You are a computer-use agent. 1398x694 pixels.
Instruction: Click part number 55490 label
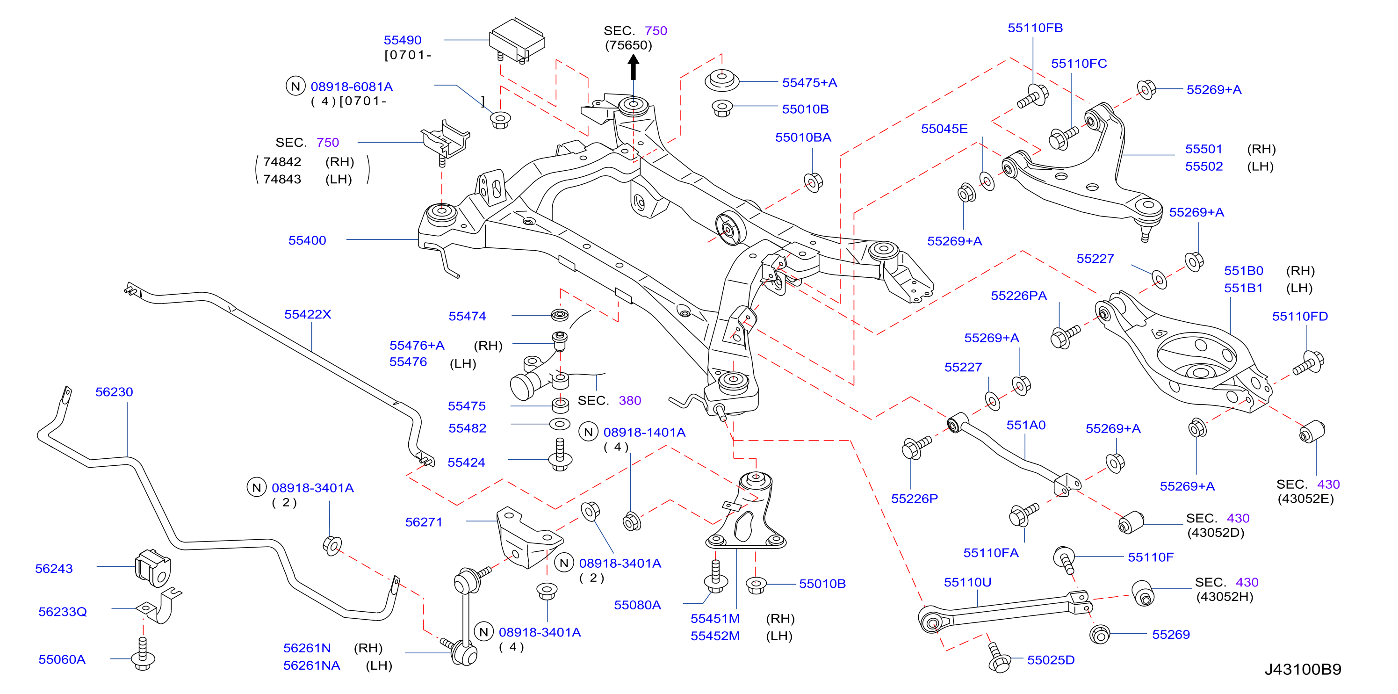pos(402,40)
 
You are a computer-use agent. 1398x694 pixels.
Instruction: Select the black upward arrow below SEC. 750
pos(634,68)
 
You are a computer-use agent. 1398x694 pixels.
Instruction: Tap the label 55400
pos(307,240)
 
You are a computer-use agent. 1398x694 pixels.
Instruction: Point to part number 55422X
pos(308,314)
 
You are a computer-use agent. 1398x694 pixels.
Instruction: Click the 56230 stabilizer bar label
pos(114,392)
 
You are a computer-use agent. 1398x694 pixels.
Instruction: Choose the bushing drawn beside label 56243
pos(152,568)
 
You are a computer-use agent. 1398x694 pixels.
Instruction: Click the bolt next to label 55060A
pos(143,654)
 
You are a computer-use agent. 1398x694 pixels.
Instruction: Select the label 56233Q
pos(62,612)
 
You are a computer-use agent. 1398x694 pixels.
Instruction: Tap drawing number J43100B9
pos(1303,669)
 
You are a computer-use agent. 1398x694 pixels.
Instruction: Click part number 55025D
pos(1051,660)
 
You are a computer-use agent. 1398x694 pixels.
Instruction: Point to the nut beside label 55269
pos(1100,634)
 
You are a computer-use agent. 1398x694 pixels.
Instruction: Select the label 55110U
pos(968,582)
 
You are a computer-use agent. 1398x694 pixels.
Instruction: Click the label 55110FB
pos(1035,28)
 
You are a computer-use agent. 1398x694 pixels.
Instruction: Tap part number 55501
pos(1203,149)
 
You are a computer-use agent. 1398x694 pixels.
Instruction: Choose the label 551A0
pos(1026,425)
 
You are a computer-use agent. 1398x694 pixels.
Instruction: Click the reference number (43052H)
pos(1225,596)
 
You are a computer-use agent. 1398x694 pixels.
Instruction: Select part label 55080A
pos(637,605)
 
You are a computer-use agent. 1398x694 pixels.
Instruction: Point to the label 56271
pos(424,522)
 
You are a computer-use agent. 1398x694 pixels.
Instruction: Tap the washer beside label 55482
pos(560,424)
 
